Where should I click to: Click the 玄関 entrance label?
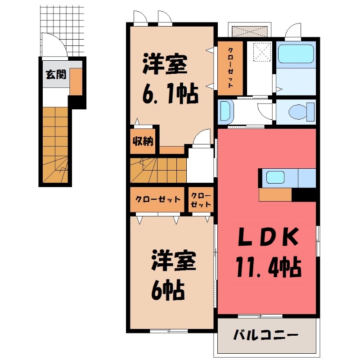[55, 74]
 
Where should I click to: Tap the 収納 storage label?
[143, 141]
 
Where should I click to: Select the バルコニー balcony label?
[265, 335]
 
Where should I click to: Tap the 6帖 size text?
[168, 292]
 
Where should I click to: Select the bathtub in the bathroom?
[295, 54]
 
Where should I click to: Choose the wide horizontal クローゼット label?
[158, 199]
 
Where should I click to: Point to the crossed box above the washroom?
[250, 31]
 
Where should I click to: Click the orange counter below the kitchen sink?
[275, 194]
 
